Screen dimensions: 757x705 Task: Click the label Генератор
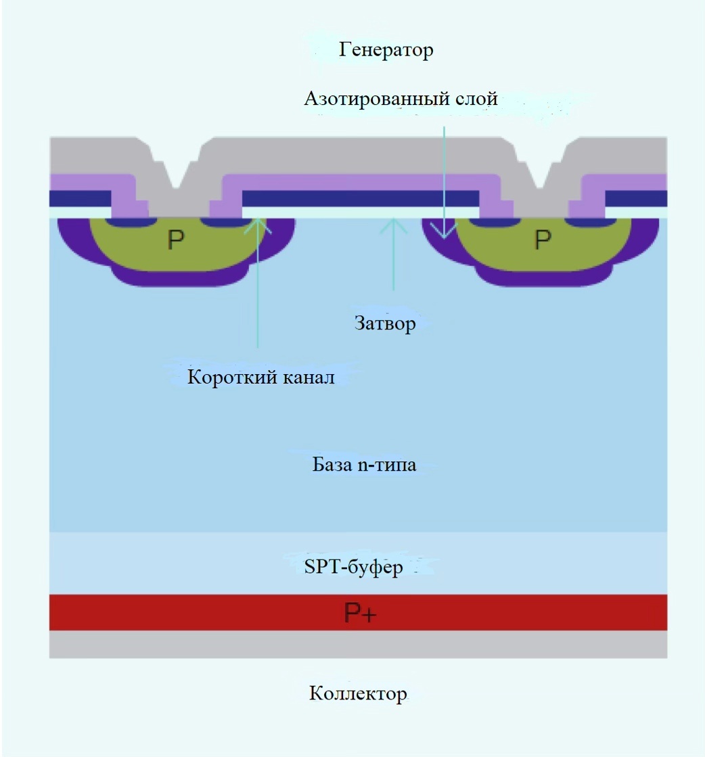386,49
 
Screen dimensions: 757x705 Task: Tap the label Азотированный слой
401,99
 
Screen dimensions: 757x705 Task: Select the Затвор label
385,323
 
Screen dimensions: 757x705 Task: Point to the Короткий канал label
260,377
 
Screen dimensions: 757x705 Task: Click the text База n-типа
364,465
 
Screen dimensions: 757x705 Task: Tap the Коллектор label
358,693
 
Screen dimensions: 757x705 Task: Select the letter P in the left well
175,240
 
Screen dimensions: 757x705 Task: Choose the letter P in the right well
543,239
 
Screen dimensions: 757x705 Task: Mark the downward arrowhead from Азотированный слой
445,234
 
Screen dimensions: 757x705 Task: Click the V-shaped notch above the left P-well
176,181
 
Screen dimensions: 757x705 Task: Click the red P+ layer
203,613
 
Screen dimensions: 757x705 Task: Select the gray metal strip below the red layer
358,645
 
